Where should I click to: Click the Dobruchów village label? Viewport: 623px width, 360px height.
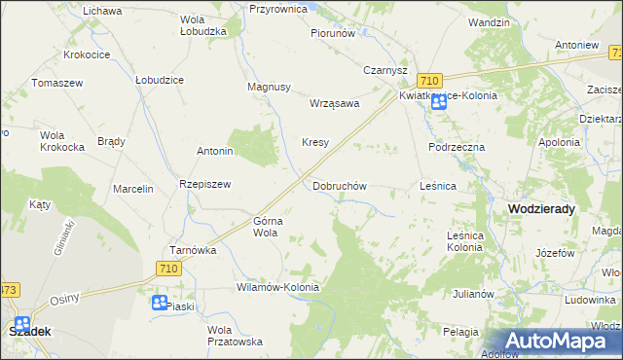point(339,185)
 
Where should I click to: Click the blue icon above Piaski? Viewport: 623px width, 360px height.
point(160,303)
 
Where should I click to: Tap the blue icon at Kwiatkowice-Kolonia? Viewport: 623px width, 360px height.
point(439,101)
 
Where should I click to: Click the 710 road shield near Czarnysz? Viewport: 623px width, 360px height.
point(428,80)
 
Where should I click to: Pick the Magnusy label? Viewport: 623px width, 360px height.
point(270,87)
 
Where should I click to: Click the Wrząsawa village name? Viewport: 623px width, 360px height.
point(334,103)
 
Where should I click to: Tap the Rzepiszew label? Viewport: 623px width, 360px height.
point(204,184)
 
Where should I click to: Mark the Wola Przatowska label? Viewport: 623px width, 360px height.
point(235,336)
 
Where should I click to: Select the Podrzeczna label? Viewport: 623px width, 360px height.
point(456,146)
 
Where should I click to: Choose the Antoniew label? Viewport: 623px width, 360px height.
point(574,45)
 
